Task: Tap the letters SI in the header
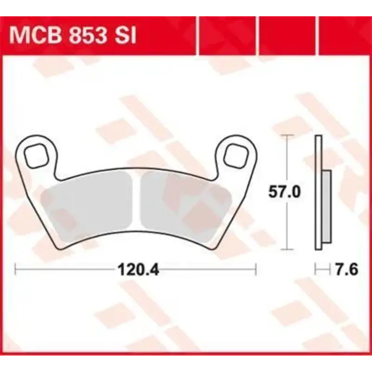[124, 35]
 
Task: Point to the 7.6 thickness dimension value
[346, 269]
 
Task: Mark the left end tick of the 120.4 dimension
[15, 269]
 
